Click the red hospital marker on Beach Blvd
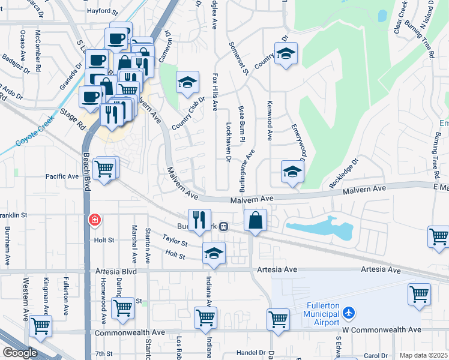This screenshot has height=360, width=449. pos(94,220)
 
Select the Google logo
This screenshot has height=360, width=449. pos(19,353)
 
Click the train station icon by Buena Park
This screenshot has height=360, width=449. pos(223,226)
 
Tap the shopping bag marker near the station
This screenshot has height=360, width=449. pos(255,220)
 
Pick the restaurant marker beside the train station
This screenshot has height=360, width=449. pos(200,220)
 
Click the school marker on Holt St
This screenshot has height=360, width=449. pos(213,253)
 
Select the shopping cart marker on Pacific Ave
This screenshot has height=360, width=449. pos(104,169)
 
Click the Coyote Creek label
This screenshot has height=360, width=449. pos(35,130)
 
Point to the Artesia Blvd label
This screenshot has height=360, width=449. pos(116,271)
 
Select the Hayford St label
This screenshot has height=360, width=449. pos(103,11)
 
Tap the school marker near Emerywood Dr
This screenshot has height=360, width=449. pos(292,172)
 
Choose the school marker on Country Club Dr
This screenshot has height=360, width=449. pos(187,82)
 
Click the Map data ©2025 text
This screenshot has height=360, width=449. pos(423,355)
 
